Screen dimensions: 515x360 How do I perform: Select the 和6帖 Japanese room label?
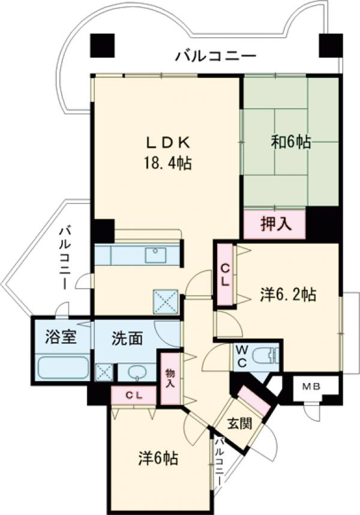click(290, 142)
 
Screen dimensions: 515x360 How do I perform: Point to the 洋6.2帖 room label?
click(289, 295)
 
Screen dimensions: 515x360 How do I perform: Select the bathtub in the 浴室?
click(63, 366)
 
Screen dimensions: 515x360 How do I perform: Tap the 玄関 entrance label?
click(238, 423)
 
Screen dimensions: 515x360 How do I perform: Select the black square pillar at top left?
click(102, 45)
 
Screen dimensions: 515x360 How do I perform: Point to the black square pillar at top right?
click(330, 45)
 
